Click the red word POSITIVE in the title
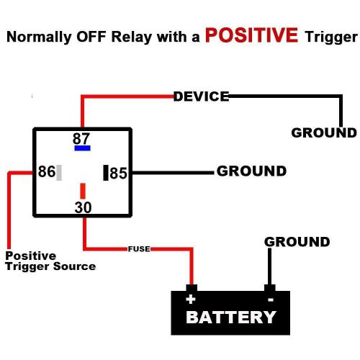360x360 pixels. coord(250,35)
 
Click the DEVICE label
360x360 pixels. coord(201,96)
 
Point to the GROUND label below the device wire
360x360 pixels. coord(323,132)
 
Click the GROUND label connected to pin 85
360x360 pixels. coord(251,171)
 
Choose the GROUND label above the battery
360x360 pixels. coord(297,242)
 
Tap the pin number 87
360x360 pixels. coord(81,138)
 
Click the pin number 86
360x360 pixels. coord(46,172)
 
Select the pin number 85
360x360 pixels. coord(118,174)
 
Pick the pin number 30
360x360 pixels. coord(83,207)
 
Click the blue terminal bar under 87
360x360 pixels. coord(82,148)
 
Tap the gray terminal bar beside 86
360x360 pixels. coord(59,172)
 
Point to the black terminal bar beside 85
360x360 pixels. coord(106,173)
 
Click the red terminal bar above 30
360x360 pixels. coord(83,191)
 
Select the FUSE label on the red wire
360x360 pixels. coord(138,248)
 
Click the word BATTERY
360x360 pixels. coord(230,318)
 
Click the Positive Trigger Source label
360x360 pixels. coord(50,261)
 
